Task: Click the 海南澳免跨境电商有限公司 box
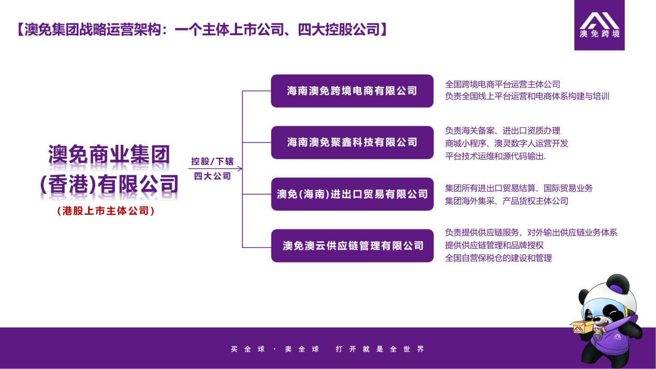click(x=352, y=91)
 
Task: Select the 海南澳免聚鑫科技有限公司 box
click(x=352, y=142)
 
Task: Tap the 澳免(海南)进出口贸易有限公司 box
click(x=352, y=194)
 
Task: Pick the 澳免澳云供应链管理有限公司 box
click(x=352, y=246)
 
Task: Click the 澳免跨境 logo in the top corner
click(x=600, y=25)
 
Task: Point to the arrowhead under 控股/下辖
click(x=240, y=169)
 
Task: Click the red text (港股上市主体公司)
click(x=106, y=211)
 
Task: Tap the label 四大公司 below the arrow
click(x=213, y=176)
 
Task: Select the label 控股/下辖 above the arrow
click(x=212, y=161)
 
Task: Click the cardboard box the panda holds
click(x=582, y=328)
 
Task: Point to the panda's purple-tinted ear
click(x=618, y=285)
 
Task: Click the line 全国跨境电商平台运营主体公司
click(x=503, y=84)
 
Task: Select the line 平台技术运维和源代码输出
click(x=495, y=156)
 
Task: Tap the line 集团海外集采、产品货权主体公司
click(x=507, y=201)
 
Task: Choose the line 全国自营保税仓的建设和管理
click(x=499, y=258)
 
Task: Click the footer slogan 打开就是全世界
click(x=380, y=349)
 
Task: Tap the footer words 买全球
click(x=248, y=349)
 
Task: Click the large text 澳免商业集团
click(x=109, y=154)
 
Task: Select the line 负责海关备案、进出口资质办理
click(x=503, y=130)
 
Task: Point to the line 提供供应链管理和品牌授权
click(x=494, y=245)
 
